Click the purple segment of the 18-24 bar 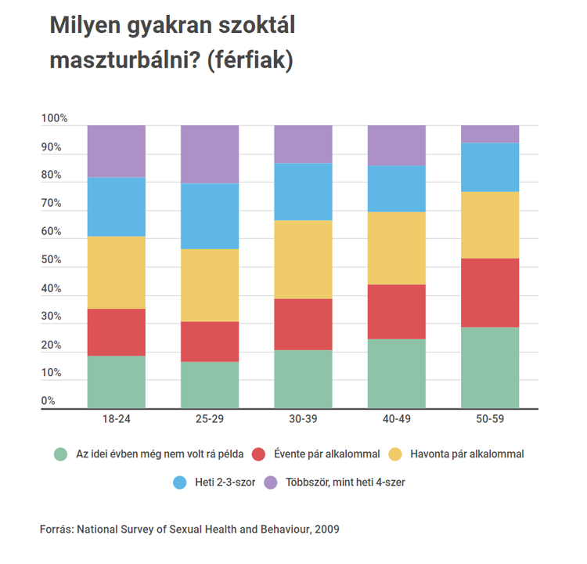[x=116, y=151]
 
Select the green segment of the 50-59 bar [x=490, y=367]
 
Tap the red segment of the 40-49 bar [x=397, y=312]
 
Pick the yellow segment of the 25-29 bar [x=210, y=285]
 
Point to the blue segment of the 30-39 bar [x=303, y=191]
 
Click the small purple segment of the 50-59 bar [x=490, y=134]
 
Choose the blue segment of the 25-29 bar [x=210, y=215]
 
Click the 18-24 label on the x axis [x=116, y=420]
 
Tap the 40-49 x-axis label [x=397, y=420]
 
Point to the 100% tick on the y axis [x=55, y=119]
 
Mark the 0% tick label [x=48, y=401]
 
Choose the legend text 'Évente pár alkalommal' [x=326, y=454]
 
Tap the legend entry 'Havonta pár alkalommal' [x=468, y=454]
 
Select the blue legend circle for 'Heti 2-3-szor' [x=178, y=483]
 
